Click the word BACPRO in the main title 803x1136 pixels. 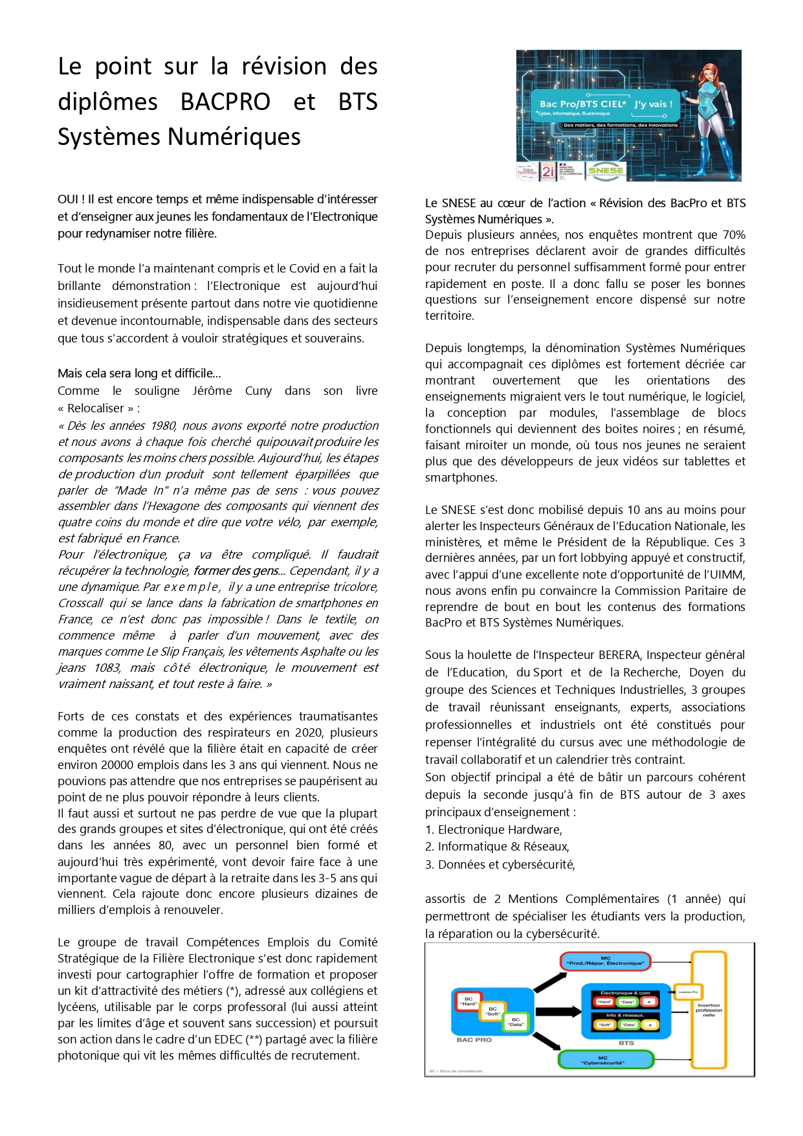(x=225, y=102)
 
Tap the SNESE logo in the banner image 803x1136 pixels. (x=606, y=170)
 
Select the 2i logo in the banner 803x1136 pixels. (x=548, y=171)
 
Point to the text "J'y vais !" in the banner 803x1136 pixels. (x=653, y=104)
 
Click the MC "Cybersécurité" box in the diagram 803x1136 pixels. (x=606, y=1060)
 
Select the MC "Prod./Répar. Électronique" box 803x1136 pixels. (x=605, y=961)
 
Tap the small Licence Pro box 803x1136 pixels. (x=688, y=992)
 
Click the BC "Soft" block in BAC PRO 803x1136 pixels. (x=492, y=1011)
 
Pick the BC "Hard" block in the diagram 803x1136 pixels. (x=468, y=1001)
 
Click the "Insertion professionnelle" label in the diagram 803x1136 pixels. (x=709, y=1010)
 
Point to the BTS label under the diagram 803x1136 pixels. (x=626, y=1043)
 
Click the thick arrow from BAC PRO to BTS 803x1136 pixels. (x=558, y=1012)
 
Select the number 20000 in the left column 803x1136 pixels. (x=115, y=765)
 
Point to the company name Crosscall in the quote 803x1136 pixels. (x=81, y=603)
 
